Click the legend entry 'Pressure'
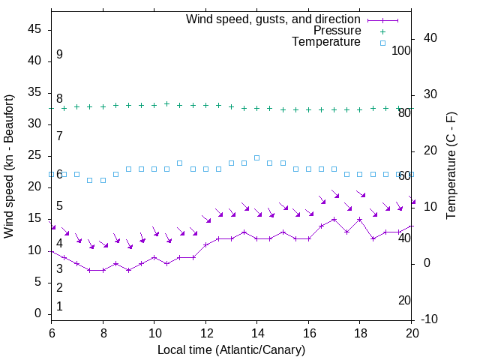pyautogui.click(x=337, y=31)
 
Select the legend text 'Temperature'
pyautogui.click(x=326, y=43)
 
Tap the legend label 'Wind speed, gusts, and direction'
pyautogui.click(x=273, y=19)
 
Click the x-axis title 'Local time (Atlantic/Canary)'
pyautogui.click(x=232, y=349)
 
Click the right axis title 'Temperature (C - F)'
pyautogui.click(x=451, y=166)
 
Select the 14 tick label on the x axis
pyautogui.click(x=257, y=332)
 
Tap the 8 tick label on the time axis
pyautogui.click(x=103, y=332)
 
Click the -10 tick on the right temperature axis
pyautogui.click(x=430, y=319)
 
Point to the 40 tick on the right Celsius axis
pyautogui.click(x=430, y=38)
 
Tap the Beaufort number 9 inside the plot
pyautogui.click(x=59, y=55)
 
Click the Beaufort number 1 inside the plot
pyautogui.click(x=59, y=306)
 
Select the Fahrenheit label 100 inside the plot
pyautogui.click(x=401, y=50)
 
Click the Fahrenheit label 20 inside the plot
pyautogui.click(x=404, y=300)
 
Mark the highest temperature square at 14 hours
pyautogui.click(x=256, y=157)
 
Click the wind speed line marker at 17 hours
pyautogui.click(x=334, y=220)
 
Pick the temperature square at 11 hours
pyautogui.click(x=180, y=163)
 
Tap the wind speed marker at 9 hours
pyautogui.click(x=128, y=270)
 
